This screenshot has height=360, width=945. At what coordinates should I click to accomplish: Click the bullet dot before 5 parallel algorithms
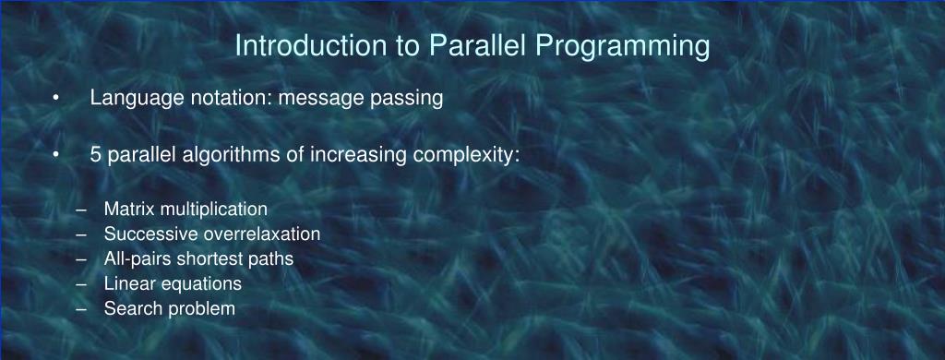pos(57,155)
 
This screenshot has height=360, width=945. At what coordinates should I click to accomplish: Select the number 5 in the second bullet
pos(96,154)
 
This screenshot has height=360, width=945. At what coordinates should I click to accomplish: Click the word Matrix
pos(126,209)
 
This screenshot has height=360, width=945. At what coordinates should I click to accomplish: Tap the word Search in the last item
pos(128,308)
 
